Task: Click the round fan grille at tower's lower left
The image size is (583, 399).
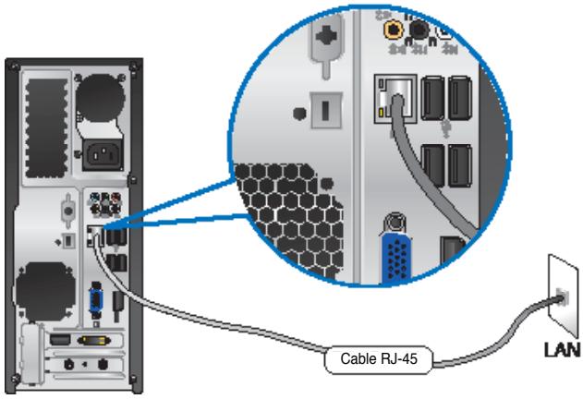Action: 43,286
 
